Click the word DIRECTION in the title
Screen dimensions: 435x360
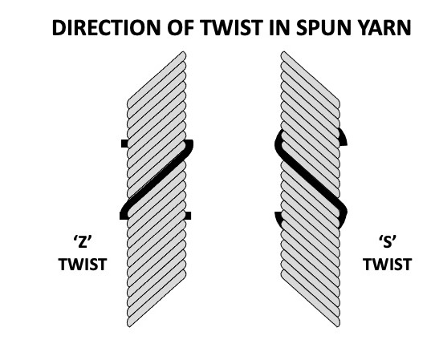click(106, 28)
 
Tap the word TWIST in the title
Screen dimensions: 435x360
click(232, 28)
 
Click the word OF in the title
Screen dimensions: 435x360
click(180, 28)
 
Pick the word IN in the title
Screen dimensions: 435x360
click(279, 28)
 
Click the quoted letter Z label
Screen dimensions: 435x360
click(83, 242)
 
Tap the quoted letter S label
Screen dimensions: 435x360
click(388, 242)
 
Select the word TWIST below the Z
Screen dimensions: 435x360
click(83, 264)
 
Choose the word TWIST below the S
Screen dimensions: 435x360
click(388, 264)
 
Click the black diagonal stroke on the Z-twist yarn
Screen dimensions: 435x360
click(157, 180)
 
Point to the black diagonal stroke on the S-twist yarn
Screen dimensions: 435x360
click(311, 179)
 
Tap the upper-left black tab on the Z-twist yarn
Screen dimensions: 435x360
click(124, 144)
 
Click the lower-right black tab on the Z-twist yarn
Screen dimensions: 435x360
click(188, 216)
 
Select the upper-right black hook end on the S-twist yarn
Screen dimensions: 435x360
click(344, 138)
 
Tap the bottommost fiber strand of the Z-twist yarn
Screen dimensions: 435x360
click(157, 298)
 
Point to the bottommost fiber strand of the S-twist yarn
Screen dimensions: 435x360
click(311, 298)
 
